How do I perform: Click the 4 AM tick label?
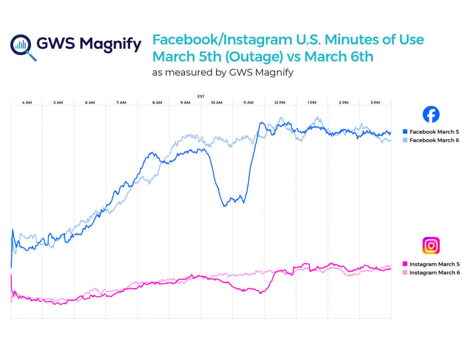pos(27,103)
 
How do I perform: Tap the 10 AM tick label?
pos(217,103)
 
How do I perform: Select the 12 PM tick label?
pos(280,103)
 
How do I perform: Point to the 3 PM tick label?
pos(375,103)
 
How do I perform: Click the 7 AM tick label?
pos(122,103)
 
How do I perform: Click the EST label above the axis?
pos(201,96)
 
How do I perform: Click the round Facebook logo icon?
pos(431,114)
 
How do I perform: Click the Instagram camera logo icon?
pos(431,246)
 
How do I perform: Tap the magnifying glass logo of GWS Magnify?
pos(22,45)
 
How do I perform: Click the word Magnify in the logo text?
pos(110,44)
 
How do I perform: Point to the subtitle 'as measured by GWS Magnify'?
pos(223,73)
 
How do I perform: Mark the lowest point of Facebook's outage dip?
pos(224,206)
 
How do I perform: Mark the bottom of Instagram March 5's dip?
pos(260,293)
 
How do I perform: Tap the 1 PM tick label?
pos(312,103)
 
